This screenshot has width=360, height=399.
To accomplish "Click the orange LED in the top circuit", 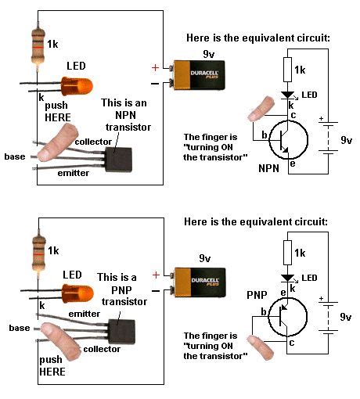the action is [x=77, y=86].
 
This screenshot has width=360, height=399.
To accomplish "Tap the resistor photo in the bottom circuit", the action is [x=38, y=253].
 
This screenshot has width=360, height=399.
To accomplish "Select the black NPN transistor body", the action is [x=118, y=160].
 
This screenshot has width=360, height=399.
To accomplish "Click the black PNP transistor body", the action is [x=121, y=332].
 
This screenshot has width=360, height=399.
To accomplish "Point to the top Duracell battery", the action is [x=197, y=75].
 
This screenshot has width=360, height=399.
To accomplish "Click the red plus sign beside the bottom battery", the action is [x=156, y=275].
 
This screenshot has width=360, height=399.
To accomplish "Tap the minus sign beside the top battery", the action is [x=155, y=84].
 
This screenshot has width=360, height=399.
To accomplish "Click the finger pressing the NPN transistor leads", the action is [x=58, y=142].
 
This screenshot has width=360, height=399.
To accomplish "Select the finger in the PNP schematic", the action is [x=261, y=348].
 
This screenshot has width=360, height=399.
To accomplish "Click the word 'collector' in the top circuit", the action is [x=93, y=142].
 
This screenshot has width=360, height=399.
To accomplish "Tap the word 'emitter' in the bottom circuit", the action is [x=85, y=314].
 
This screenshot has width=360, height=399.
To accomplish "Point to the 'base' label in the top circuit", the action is [x=15, y=156].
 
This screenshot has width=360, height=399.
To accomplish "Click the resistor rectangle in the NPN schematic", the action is [x=287, y=70].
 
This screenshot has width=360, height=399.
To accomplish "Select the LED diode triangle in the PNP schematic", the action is [x=287, y=278].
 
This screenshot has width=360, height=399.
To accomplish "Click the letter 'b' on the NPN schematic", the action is [x=265, y=135].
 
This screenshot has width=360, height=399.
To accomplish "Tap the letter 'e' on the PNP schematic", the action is [x=283, y=293].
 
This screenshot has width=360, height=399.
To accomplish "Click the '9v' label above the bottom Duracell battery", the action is [x=205, y=258].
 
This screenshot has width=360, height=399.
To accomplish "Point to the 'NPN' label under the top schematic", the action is [x=268, y=168].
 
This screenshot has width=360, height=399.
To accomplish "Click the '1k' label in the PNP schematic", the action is [x=300, y=253].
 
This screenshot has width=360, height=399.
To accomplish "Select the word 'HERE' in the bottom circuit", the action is [x=52, y=372].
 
